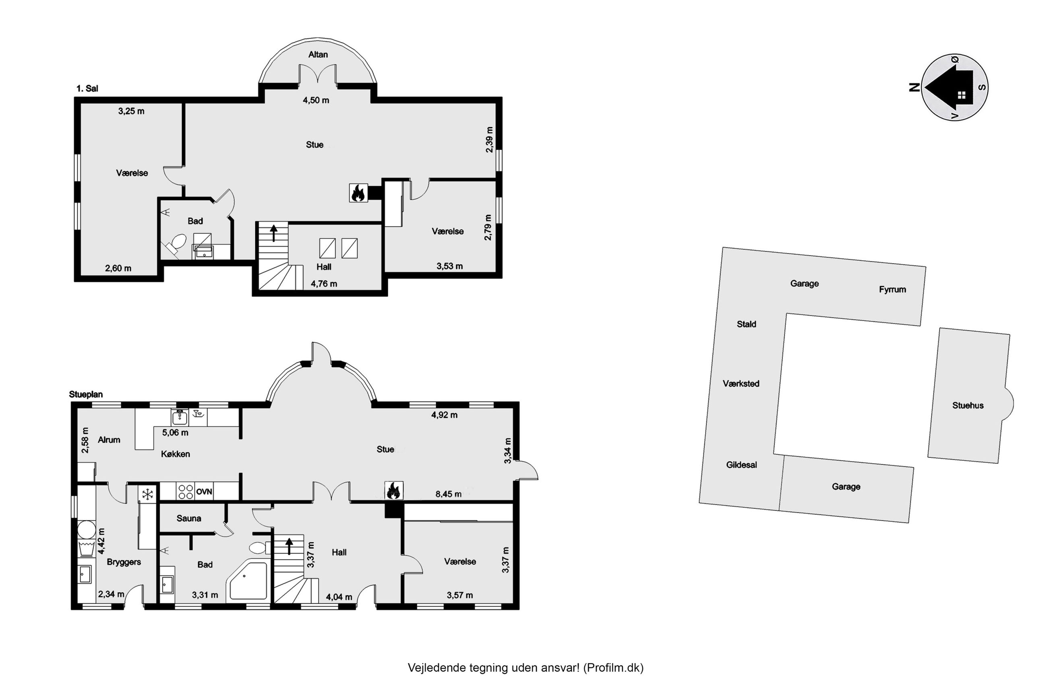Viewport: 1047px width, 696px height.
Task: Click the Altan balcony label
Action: coord(318,55)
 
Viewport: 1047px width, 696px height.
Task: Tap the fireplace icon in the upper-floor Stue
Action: coord(358,193)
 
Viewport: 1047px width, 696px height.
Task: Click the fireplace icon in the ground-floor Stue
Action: coord(393,490)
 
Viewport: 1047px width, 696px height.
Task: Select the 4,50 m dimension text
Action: coord(316,100)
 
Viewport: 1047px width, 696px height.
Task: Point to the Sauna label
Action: coord(189,518)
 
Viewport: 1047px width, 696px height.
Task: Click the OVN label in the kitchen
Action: coord(204,491)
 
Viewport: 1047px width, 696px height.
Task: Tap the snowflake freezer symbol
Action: coord(147,494)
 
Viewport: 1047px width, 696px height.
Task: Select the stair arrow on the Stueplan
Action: coord(289,546)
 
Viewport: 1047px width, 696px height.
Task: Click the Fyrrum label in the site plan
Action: coord(892,289)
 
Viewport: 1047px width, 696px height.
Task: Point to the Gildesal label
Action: coord(741,465)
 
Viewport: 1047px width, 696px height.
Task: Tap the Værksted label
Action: coord(741,383)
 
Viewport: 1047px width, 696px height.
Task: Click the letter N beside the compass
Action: coord(915,87)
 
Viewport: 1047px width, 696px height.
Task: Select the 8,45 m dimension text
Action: coord(448,494)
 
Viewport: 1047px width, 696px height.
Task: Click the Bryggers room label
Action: coord(124,562)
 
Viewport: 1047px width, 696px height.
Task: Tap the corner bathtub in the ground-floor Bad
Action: coord(247,581)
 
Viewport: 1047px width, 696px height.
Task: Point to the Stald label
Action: coord(746,324)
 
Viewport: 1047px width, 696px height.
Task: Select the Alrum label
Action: coord(109,440)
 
